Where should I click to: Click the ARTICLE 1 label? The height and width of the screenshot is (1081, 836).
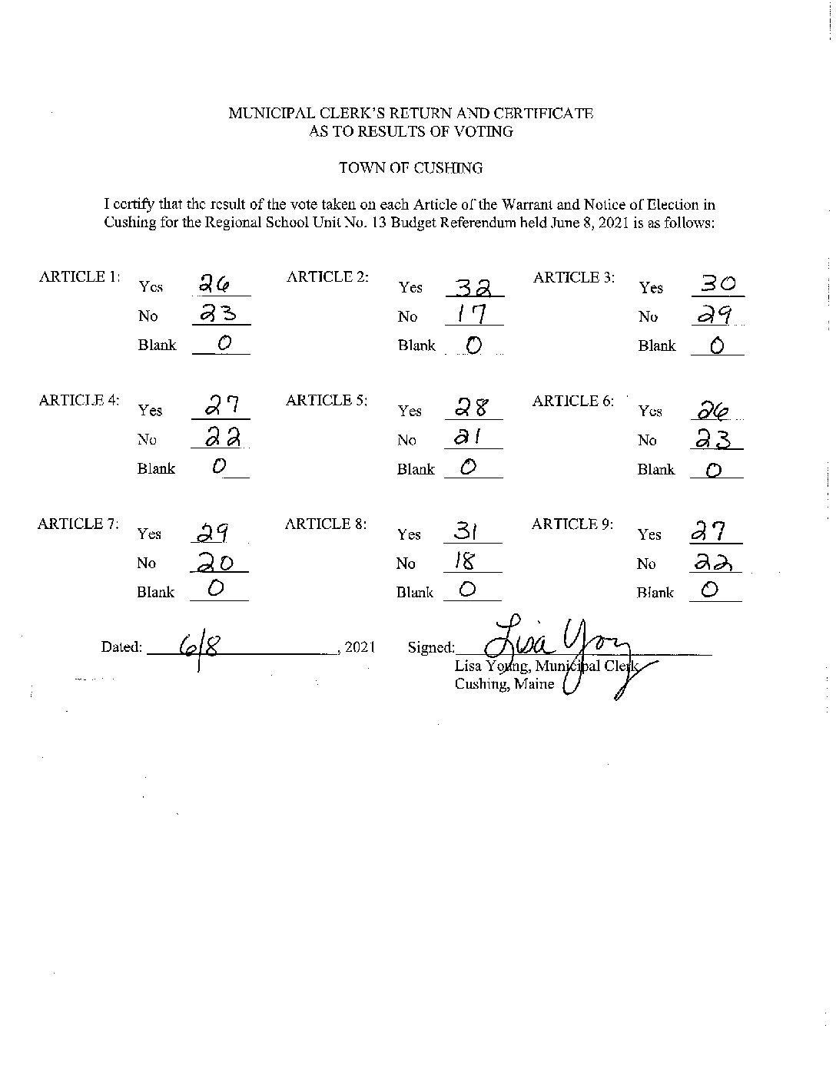pos(79,277)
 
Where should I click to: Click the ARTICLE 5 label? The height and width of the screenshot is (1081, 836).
pos(327,400)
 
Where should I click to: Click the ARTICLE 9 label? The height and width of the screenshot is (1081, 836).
pos(572,524)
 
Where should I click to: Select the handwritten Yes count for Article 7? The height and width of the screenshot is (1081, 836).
pos(217,532)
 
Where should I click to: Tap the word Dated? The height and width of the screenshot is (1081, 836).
pos(121,647)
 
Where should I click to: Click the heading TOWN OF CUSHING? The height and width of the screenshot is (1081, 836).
pos(411,168)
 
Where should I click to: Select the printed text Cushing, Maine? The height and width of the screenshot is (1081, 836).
pos(504,683)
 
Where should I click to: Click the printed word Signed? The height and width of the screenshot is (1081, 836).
pos(431,648)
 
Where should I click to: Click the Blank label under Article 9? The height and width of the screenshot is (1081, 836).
pos(655,593)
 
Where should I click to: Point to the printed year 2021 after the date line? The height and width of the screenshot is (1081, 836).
pos(359,647)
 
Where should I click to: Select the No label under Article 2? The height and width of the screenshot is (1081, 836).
pos(408,316)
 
